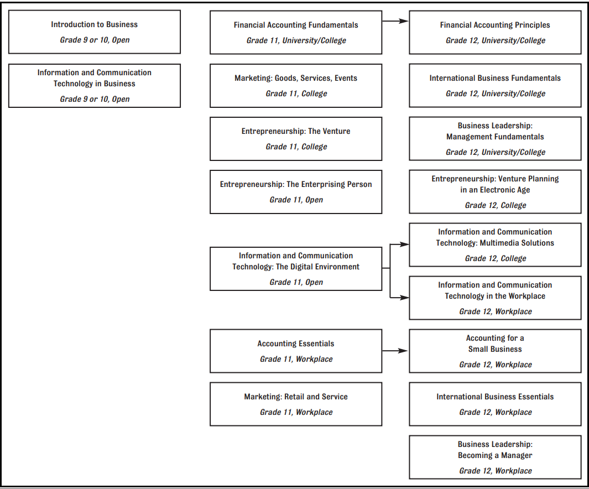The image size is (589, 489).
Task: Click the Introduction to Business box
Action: click(94, 32)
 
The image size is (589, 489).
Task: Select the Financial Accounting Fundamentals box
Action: click(296, 32)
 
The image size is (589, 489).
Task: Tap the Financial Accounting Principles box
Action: click(495, 32)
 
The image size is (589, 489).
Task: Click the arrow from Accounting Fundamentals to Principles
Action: click(395, 21)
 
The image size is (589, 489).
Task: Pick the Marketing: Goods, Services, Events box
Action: click(296, 86)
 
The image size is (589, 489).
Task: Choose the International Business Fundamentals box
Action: click(495, 86)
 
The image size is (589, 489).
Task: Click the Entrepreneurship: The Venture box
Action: click(296, 139)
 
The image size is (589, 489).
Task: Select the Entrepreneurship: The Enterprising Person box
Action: click(296, 192)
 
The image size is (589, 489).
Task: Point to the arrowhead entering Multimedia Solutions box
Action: click(405, 245)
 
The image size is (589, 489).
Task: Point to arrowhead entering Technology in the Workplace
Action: click(405, 298)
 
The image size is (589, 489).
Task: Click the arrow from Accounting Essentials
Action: click(395, 351)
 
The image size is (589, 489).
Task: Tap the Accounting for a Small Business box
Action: click(495, 351)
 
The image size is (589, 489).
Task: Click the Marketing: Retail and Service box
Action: click(296, 404)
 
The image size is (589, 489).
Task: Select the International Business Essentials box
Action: click(495, 404)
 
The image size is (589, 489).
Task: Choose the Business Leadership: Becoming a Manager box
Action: click(495, 457)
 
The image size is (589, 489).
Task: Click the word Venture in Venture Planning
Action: click(512, 179)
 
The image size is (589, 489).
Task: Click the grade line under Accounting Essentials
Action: click(296, 359)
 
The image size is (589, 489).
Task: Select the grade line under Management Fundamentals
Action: click(496, 152)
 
